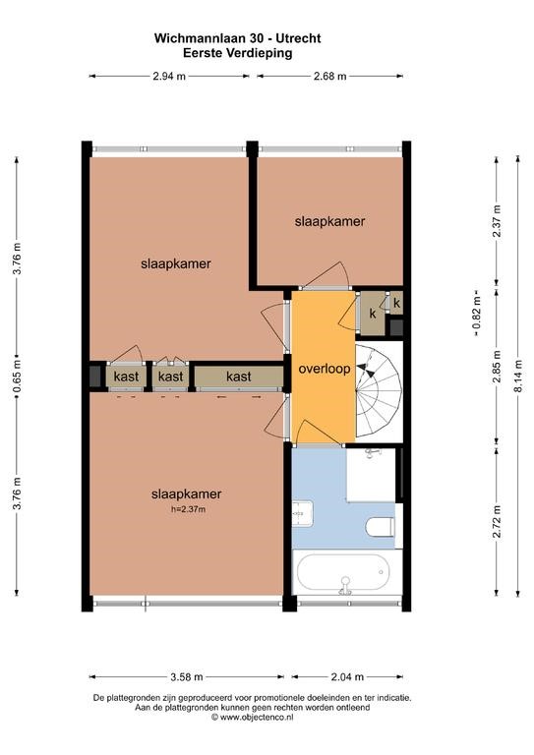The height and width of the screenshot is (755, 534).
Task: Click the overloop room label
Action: pos(325,369)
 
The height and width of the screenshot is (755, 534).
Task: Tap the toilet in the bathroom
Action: pos(380,526)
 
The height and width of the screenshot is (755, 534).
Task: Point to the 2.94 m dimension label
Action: pos(169,76)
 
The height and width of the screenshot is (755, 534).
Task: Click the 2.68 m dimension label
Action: pos(329,76)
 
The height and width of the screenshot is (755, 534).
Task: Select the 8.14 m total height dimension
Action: pos(518,377)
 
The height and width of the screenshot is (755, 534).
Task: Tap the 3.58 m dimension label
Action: pos(187,677)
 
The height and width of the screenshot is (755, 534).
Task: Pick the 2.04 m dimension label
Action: pos(347,677)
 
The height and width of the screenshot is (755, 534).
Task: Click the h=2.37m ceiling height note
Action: pos(188,509)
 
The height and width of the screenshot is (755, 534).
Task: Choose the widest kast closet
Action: pos(239,377)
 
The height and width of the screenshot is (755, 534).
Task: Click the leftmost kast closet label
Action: pos(126,377)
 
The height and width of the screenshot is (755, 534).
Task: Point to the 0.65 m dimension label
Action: pos(17,377)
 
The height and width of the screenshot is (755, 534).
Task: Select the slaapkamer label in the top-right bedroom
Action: pos(329,221)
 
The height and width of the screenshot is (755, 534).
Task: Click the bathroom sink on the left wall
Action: pos(302,514)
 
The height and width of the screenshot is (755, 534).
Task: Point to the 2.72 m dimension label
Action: pos(497,522)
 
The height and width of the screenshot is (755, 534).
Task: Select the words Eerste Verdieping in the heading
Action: pos(238,53)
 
